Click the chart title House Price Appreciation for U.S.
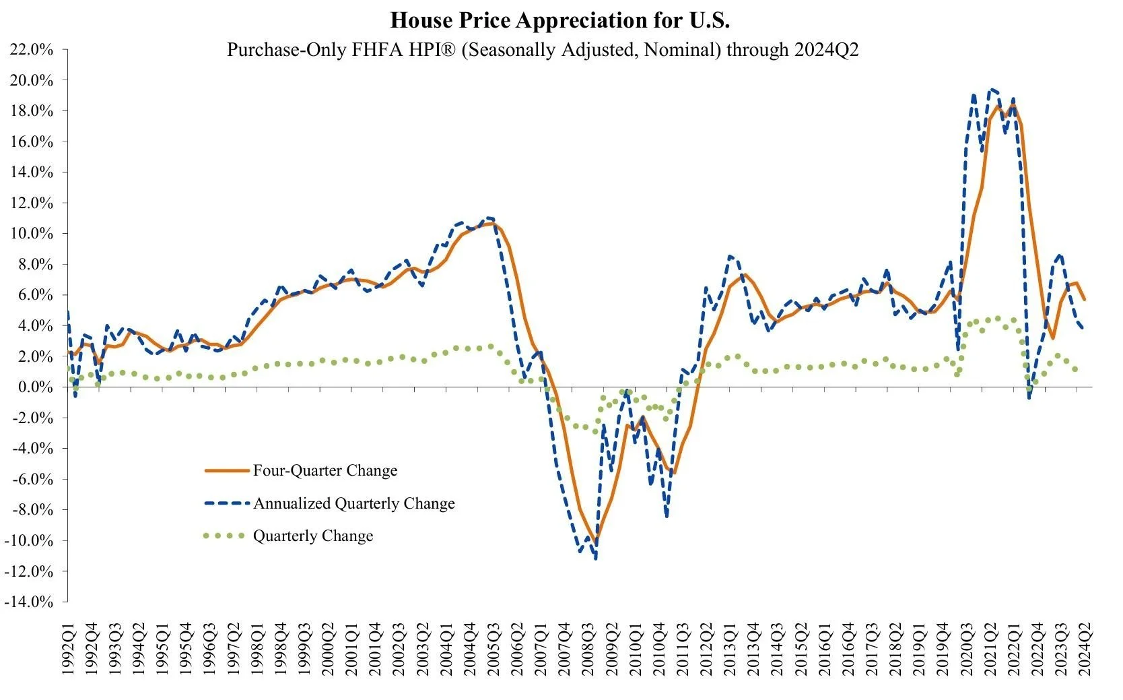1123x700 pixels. coord(560,20)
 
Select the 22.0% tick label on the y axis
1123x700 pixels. coord(30,49)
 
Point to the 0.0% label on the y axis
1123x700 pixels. coord(34,387)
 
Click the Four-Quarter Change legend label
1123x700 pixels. coord(325,471)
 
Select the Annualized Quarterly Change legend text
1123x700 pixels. coord(354,504)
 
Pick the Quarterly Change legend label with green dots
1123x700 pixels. coord(313,536)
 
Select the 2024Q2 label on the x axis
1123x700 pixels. coord(1085,651)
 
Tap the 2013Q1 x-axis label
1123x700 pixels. coord(728,651)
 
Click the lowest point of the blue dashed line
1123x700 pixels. coord(596,558)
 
